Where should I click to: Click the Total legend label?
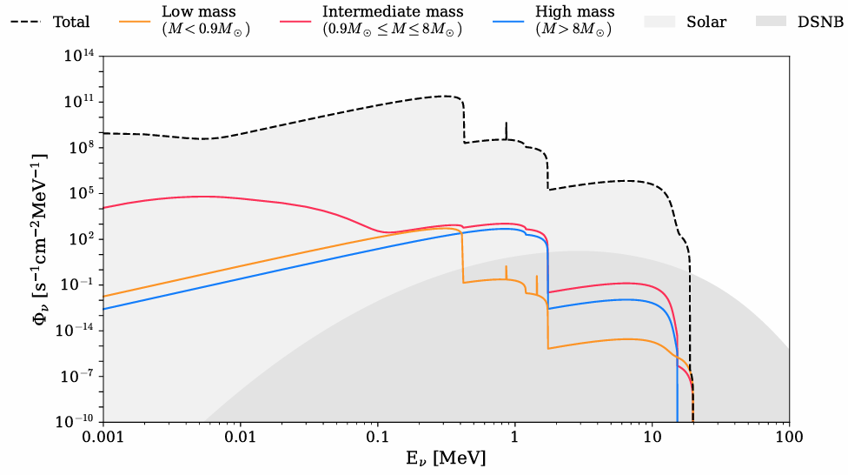[x=70, y=21]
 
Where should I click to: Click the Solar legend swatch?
[x=664, y=21]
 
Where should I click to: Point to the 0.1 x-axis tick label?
[x=377, y=438]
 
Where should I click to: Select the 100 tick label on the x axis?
[x=788, y=438]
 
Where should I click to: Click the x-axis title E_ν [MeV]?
[x=445, y=458]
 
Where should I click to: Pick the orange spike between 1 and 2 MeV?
[x=536, y=283]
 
